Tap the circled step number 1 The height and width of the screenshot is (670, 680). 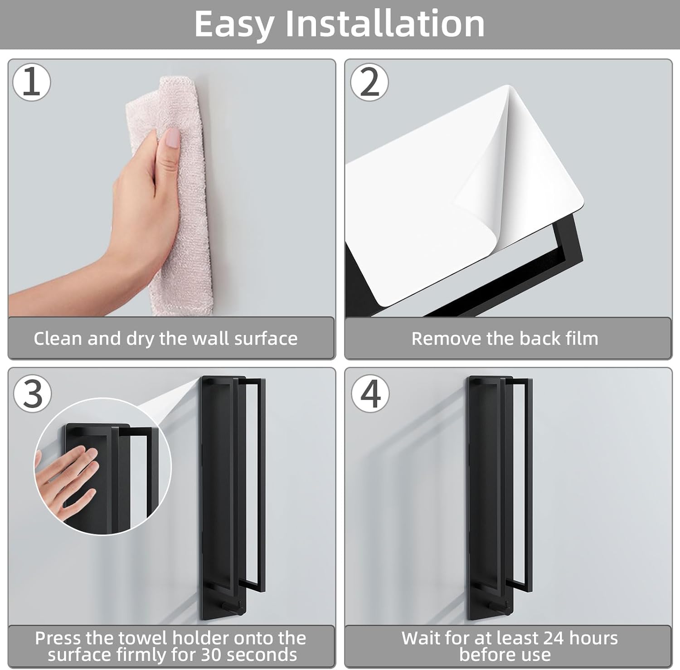pos(31,82)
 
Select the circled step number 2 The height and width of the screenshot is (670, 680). pos(369,82)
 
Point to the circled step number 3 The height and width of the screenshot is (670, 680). pos(32,393)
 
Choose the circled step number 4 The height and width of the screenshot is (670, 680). pos(370,393)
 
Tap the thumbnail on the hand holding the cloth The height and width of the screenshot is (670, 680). pos(172,137)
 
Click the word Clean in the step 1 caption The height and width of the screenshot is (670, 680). pos(58,339)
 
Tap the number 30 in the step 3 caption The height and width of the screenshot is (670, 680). pos(212,655)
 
